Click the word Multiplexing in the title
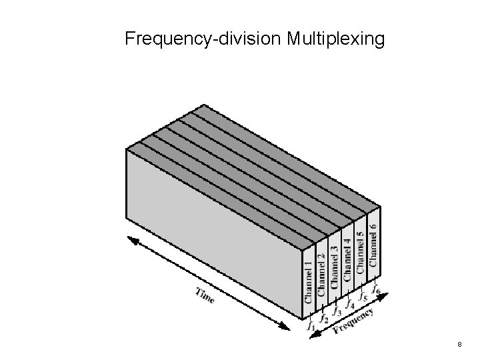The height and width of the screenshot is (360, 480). pos(336,40)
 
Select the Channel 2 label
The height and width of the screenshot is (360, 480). pos(321,273)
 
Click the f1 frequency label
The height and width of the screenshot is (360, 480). pos(310,326)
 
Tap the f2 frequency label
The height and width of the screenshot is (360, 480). pos(324,318)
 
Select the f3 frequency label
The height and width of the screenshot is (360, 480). pos(337,309)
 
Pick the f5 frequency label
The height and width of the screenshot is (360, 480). pos(363,293)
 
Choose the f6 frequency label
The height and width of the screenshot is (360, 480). pos(377,288)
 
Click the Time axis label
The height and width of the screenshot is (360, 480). pos(205,295)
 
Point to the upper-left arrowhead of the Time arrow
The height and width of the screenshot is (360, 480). pos(131,239)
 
